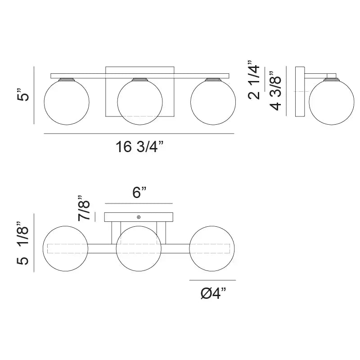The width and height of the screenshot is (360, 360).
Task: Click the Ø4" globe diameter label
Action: coord(212,295)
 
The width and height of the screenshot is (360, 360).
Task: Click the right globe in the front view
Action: coord(212,101)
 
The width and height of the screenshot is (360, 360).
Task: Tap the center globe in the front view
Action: coord(139,101)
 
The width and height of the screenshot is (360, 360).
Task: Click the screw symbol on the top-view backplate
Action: coord(139,217)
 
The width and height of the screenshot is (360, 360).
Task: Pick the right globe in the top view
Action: coord(212,248)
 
